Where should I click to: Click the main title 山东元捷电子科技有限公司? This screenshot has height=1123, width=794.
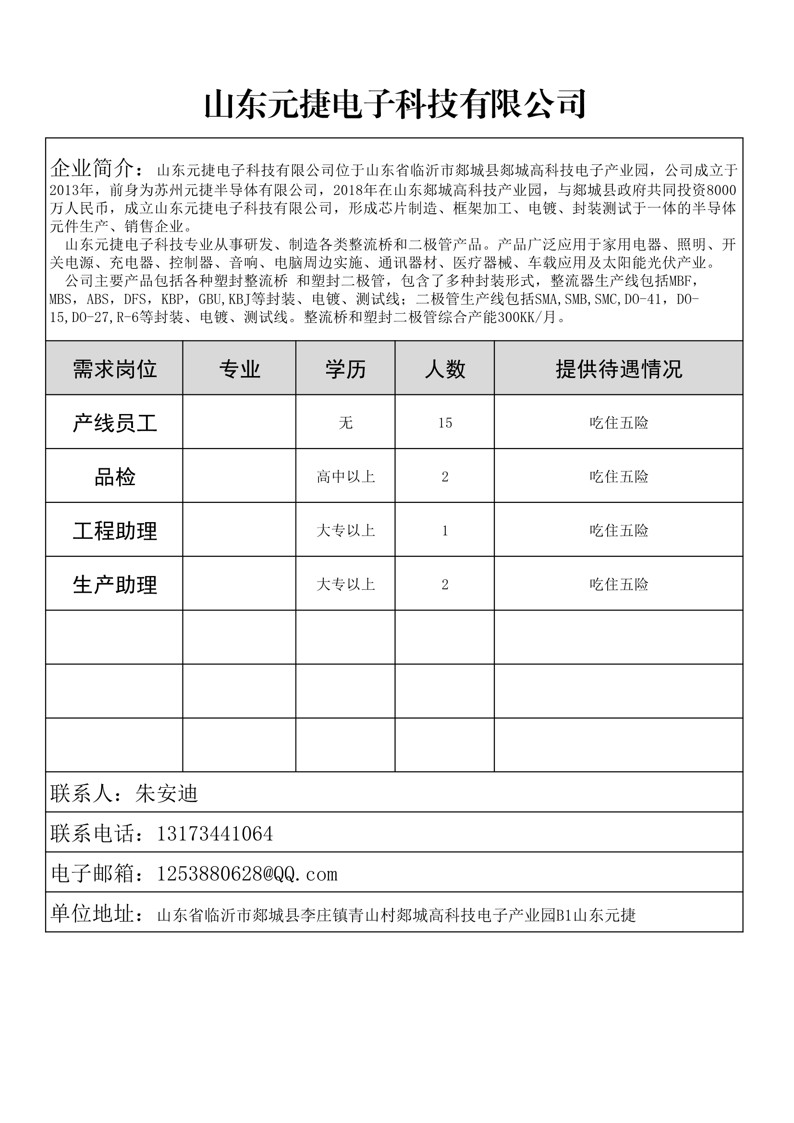click(x=395, y=104)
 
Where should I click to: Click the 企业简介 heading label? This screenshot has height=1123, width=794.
click(x=92, y=169)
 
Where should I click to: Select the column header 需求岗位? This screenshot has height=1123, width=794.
click(x=114, y=369)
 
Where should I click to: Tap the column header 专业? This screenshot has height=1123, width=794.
click(x=240, y=369)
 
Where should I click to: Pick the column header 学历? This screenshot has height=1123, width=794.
click(x=345, y=369)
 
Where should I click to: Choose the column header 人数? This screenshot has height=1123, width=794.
click(x=445, y=369)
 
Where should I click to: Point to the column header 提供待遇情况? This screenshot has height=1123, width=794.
click(x=618, y=369)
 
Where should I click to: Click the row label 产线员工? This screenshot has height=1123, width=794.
click(x=114, y=423)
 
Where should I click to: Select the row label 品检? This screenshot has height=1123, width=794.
click(x=114, y=477)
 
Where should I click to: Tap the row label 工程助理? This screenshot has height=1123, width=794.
click(x=114, y=531)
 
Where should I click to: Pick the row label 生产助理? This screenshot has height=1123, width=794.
click(x=114, y=585)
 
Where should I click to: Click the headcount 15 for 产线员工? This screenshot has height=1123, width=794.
click(x=445, y=423)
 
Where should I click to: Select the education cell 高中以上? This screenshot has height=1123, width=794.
click(x=345, y=477)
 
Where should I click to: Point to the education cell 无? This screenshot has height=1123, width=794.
click(x=345, y=423)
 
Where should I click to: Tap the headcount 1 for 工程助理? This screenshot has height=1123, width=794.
click(x=445, y=531)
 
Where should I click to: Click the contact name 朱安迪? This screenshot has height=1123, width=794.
click(x=166, y=793)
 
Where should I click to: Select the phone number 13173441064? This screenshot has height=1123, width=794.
click(x=214, y=833)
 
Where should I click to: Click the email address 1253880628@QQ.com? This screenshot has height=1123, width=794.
click(x=247, y=874)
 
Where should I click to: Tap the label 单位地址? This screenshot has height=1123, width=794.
click(x=92, y=914)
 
